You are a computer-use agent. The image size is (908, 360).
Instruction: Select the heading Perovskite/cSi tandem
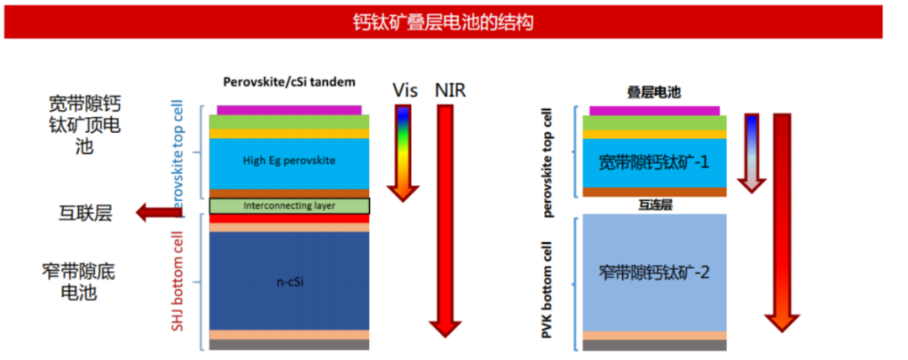tap(289, 82)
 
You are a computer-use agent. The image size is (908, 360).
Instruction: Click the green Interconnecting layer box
tap(289, 205)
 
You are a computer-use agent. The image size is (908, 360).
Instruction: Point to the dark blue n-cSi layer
tap(289, 280)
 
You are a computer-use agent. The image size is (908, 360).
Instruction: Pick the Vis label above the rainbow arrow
tap(404, 89)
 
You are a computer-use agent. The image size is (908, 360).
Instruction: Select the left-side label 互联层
tap(85, 213)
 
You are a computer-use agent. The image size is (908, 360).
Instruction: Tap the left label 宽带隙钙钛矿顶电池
tap(85, 124)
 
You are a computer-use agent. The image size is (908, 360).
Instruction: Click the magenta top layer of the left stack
tap(289, 109)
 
